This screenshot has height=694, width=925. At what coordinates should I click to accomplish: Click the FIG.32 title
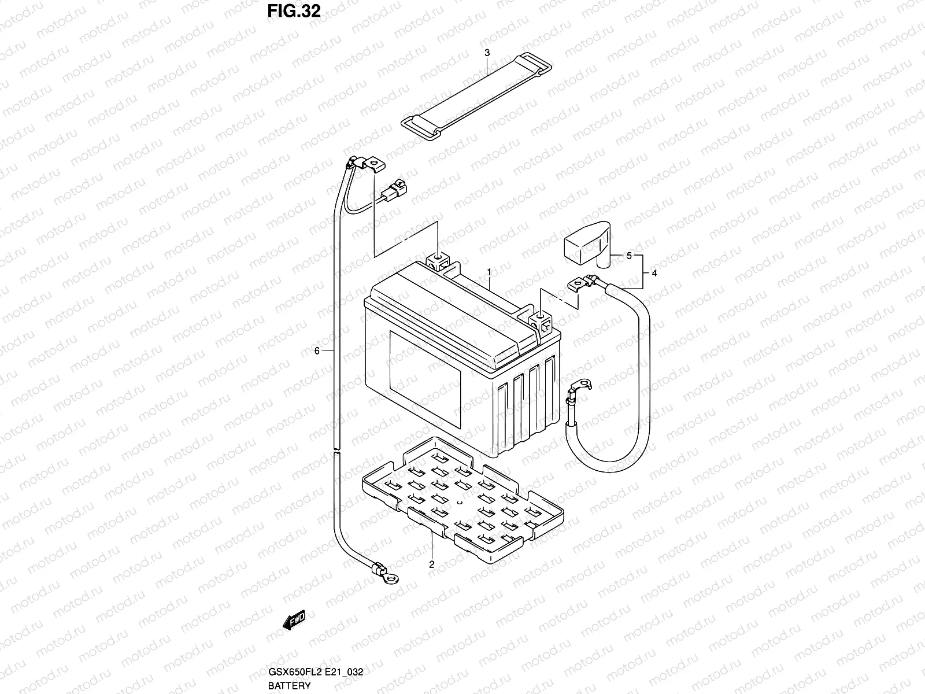294,12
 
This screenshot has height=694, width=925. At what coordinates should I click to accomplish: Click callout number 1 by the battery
489,271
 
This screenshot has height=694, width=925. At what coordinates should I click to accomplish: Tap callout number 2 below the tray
431,564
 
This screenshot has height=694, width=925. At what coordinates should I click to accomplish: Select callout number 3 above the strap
487,53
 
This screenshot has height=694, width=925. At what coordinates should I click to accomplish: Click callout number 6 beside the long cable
317,350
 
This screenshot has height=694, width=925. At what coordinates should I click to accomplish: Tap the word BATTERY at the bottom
289,685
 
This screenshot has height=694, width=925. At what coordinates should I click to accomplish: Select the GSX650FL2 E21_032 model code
315,672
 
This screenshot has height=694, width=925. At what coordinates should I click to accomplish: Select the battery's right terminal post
539,318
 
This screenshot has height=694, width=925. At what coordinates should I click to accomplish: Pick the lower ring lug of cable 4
580,384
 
